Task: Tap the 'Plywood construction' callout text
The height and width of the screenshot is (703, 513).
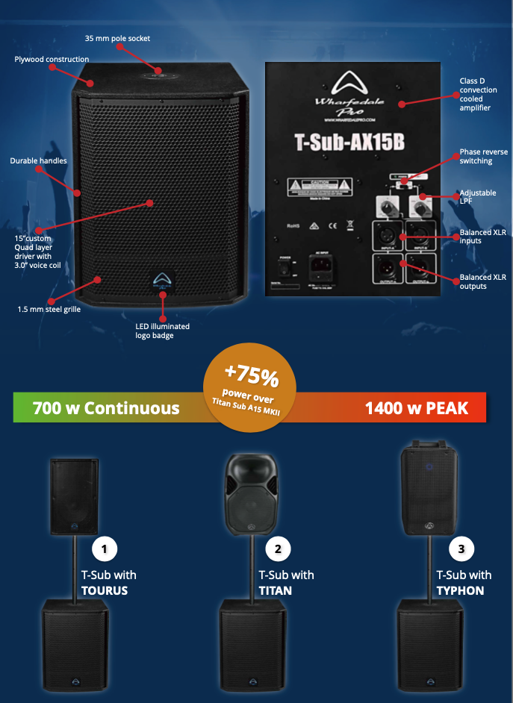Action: click(52, 60)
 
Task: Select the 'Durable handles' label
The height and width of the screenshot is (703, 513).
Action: click(38, 160)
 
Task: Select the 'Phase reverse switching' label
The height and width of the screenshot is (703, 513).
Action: click(483, 157)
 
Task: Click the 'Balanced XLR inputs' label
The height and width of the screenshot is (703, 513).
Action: click(482, 236)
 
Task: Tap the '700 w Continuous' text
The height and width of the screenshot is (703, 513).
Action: click(106, 408)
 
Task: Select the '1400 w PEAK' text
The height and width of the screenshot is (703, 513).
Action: click(417, 408)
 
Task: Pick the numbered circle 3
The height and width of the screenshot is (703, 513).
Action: click(461, 550)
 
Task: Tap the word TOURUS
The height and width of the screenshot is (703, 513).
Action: click(104, 590)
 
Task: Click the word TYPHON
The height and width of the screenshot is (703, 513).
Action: click(460, 590)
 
